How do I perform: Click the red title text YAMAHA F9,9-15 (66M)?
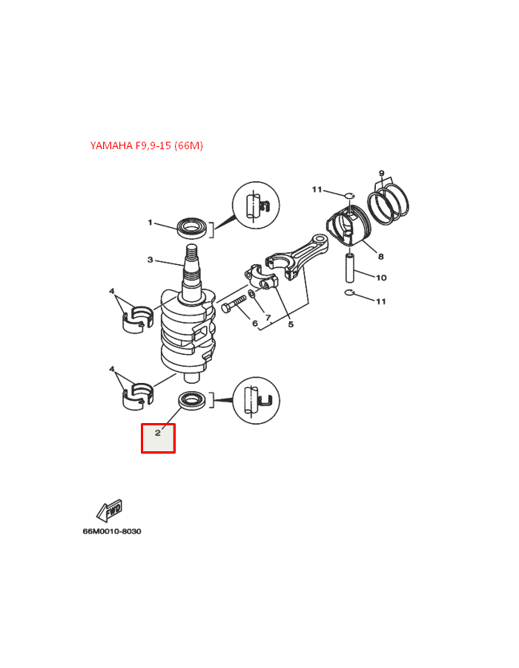(146, 145)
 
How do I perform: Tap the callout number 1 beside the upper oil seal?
(150, 223)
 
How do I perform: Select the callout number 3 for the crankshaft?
(150, 260)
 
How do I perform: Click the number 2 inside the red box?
(158, 433)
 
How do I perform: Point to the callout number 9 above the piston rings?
(381, 174)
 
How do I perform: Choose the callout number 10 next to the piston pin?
(381, 278)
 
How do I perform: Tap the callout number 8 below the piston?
(380, 257)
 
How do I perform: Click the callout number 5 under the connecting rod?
(291, 324)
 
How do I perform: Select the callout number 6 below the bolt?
(254, 323)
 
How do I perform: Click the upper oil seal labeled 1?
(194, 226)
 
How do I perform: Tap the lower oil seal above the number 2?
(194, 402)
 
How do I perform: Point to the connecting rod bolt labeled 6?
(233, 305)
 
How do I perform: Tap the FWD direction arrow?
(110, 511)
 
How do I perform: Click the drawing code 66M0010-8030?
(112, 531)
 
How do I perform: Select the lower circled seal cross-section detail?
(255, 400)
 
